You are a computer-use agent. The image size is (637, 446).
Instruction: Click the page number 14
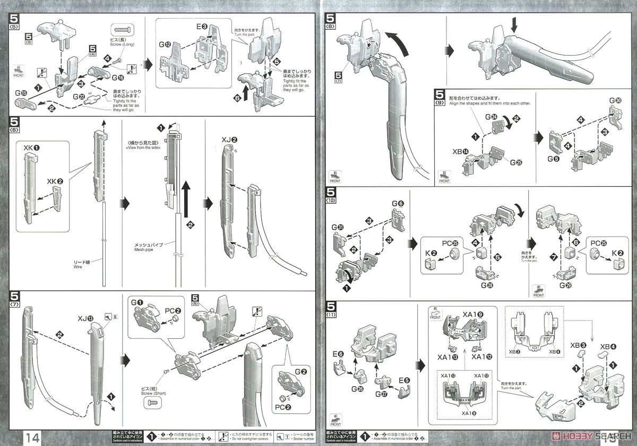click(31, 438)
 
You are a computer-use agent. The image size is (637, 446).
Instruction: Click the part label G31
click(337, 229)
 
